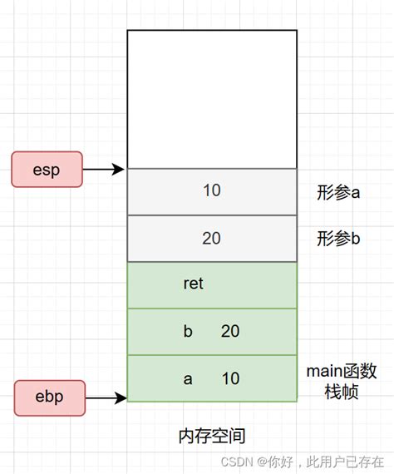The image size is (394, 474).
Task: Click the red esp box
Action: tap(47, 169)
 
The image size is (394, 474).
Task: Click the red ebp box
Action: tap(49, 397)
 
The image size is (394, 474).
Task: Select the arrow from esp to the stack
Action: tap(105, 170)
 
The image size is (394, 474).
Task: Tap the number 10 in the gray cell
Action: tap(211, 190)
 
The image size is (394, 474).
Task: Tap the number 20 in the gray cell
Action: tap(211, 239)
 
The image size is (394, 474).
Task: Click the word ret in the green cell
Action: tap(193, 284)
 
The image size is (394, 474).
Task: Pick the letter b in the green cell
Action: tap(187, 331)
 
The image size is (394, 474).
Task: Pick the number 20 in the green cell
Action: tap(230, 331)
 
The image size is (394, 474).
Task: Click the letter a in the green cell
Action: tap(188, 378)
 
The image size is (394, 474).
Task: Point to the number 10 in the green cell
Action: tap(230, 378)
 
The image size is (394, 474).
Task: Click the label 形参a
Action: tap(337, 193)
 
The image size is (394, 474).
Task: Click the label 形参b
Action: tap(337, 239)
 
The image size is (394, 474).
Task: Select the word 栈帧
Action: tap(341, 391)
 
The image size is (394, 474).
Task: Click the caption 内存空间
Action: tap(212, 436)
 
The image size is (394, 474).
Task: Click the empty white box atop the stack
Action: tap(212, 98)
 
